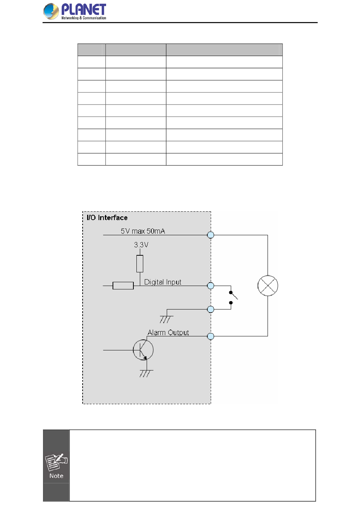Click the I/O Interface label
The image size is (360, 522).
tap(107, 217)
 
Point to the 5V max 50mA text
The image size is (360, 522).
tap(143, 231)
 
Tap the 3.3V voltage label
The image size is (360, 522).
tap(141, 245)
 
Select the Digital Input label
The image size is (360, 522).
tap(163, 282)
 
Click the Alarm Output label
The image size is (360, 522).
tap(168, 333)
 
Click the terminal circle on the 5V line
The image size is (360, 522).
tap(211, 235)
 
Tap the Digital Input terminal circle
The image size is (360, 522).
tap(211, 286)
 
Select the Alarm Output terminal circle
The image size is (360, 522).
tap(211, 336)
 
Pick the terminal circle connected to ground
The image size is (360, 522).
tap(211, 309)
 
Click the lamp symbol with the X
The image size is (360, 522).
tap(268, 286)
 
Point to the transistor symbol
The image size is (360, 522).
tap(143, 350)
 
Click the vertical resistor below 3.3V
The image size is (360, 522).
tap(140, 264)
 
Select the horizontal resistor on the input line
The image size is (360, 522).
tap(123, 286)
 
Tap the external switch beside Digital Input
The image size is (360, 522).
tap(232, 297)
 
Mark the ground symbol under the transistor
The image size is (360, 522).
tap(146, 373)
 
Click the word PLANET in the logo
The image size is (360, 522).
tap(83, 9)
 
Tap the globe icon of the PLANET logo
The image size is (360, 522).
tap(51, 11)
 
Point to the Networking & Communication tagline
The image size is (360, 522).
tap(84, 18)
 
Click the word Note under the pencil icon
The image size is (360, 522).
tap(56, 476)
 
